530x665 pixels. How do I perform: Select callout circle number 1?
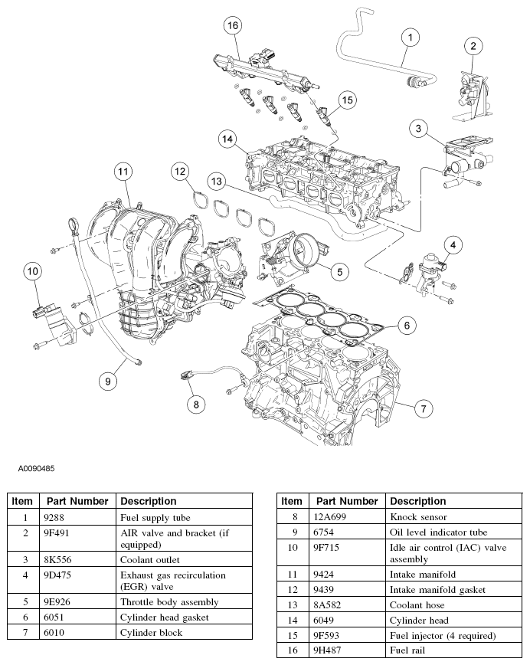click(410, 37)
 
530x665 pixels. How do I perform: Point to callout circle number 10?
click(32, 270)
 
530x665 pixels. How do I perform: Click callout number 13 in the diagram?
click(217, 182)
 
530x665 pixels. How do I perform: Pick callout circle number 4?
click(453, 245)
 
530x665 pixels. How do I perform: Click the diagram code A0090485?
click(32, 467)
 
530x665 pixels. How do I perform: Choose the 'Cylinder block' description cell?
click(152, 632)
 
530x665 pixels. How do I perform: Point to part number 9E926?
click(57, 602)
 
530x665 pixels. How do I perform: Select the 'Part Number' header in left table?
click(77, 501)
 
